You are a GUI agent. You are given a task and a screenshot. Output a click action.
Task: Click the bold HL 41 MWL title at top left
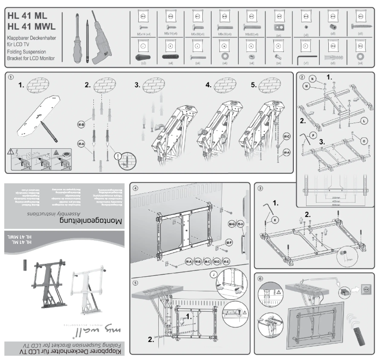click(x=31, y=26)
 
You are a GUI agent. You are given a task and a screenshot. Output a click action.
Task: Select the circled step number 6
click(x=260, y=279)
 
